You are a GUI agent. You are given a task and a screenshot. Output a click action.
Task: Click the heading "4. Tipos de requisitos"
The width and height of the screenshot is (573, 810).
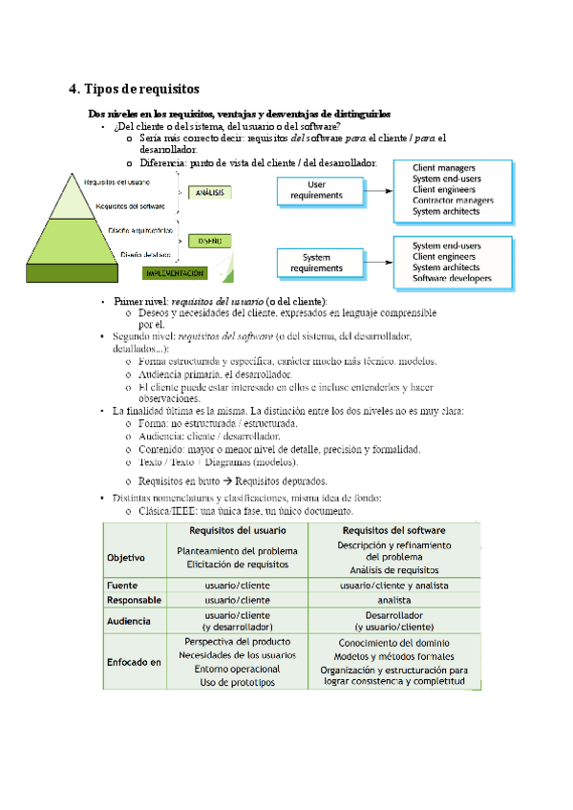click(135, 89)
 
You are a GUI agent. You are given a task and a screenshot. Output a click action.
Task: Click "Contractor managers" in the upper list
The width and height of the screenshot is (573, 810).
click(453, 201)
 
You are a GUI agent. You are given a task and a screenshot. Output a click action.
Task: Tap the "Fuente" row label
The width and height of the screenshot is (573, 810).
click(122, 585)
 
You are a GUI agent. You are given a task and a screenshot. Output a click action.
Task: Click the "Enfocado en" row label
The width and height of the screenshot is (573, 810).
click(134, 661)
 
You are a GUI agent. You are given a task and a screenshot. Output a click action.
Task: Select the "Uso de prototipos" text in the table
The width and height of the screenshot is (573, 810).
click(236, 682)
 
